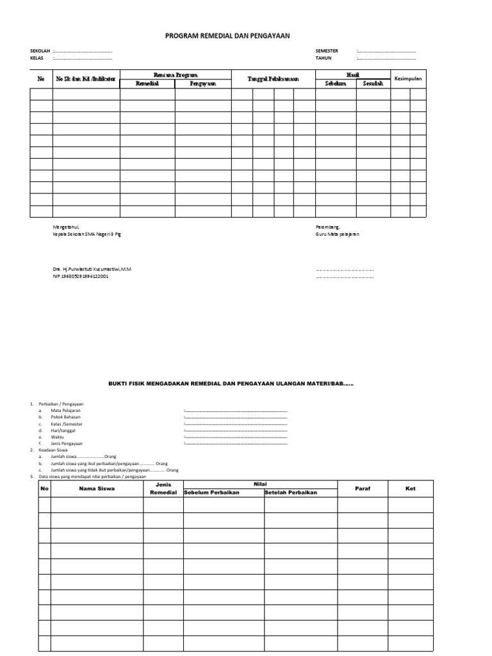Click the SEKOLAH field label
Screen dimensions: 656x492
40,51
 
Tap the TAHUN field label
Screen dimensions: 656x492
324,58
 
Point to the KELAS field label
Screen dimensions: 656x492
37,58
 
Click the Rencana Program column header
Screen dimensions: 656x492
175,75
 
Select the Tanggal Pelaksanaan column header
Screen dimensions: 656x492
273,79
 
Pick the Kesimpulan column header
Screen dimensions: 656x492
409,78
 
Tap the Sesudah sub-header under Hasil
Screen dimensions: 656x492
372,83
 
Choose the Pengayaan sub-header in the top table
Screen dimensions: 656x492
202,83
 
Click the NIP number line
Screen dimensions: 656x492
80,277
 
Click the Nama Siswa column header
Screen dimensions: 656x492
97,489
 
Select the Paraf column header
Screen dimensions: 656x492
362,489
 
